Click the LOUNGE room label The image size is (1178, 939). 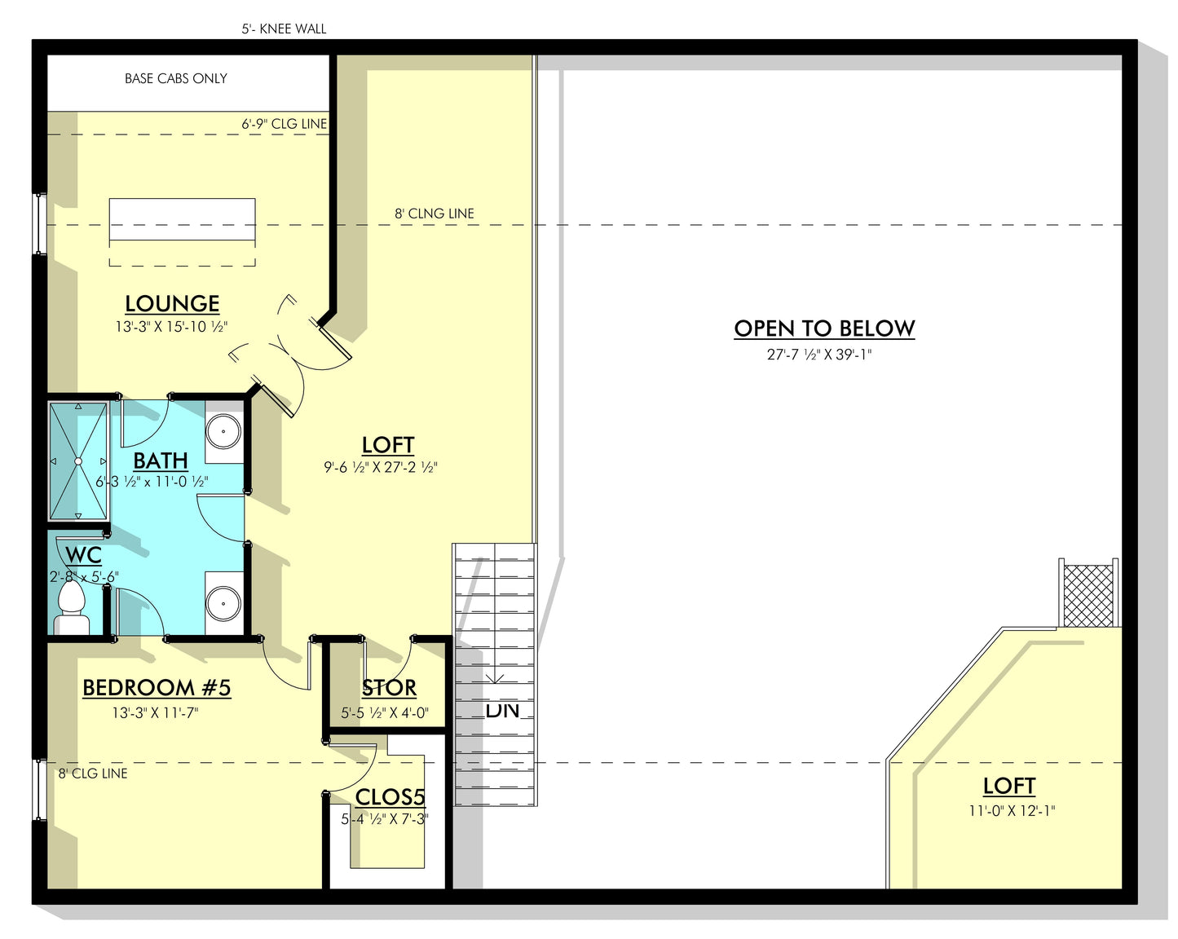pyautogui.click(x=173, y=303)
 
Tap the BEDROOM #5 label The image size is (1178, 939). pyautogui.click(x=157, y=687)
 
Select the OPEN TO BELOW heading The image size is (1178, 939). pyautogui.click(x=824, y=328)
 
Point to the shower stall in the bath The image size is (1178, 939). pyautogui.click(x=78, y=461)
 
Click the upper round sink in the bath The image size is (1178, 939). pyautogui.click(x=223, y=431)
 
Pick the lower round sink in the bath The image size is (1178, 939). pyautogui.click(x=223, y=603)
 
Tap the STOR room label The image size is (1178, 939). pyautogui.click(x=389, y=688)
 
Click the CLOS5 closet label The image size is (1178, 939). pyautogui.click(x=390, y=797)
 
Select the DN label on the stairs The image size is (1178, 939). pyautogui.click(x=502, y=710)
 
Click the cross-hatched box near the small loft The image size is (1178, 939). pyautogui.click(x=1088, y=596)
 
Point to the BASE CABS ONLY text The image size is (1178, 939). pyautogui.click(x=176, y=79)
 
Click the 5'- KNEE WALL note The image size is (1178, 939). pyautogui.click(x=284, y=29)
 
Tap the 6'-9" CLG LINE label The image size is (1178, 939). pyautogui.click(x=284, y=124)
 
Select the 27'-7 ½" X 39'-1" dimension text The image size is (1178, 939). pyautogui.click(x=819, y=355)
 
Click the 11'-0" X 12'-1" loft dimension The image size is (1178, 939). pyautogui.click(x=1013, y=811)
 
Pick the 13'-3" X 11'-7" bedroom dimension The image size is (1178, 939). pyautogui.click(x=156, y=713)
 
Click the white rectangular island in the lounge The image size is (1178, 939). pyautogui.click(x=183, y=219)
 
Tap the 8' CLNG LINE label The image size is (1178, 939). pyautogui.click(x=435, y=214)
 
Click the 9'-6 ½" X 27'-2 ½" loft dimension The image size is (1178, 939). pyautogui.click(x=381, y=467)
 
